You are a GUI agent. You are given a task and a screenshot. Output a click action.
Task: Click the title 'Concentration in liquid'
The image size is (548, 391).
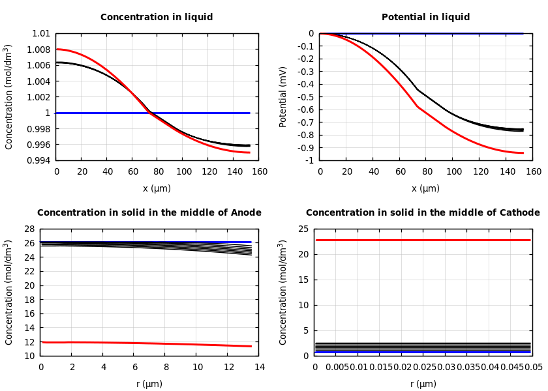(x=157, y=18)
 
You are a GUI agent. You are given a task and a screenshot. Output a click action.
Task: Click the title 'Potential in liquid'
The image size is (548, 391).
(x=425, y=18)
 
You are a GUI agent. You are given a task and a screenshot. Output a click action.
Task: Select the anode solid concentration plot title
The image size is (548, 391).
(x=149, y=213)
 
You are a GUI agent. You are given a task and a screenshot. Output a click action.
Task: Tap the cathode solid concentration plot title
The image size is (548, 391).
(x=423, y=213)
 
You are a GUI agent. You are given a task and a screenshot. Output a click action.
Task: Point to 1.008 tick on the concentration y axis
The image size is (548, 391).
(x=38, y=50)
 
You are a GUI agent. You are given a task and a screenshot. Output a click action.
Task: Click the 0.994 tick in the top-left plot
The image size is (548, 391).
(x=38, y=160)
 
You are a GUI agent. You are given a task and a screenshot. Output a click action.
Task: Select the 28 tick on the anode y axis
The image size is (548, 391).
(x=28, y=229)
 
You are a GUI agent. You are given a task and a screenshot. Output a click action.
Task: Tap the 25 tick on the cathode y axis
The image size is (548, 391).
(x=302, y=229)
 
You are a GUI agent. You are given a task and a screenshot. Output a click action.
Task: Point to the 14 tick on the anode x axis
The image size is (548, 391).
(x=259, y=368)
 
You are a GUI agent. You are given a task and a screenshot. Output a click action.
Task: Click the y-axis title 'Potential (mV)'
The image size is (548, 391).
(x=283, y=96)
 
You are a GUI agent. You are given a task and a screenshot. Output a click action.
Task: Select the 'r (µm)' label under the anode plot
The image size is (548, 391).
(x=149, y=384)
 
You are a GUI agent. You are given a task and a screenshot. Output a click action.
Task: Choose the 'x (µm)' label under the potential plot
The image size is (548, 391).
(x=425, y=188)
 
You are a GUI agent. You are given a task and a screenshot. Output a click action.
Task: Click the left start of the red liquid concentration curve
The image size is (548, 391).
(x=57, y=49)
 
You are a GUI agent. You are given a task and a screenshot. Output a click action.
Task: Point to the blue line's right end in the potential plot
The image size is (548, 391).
(x=523, y=33)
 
